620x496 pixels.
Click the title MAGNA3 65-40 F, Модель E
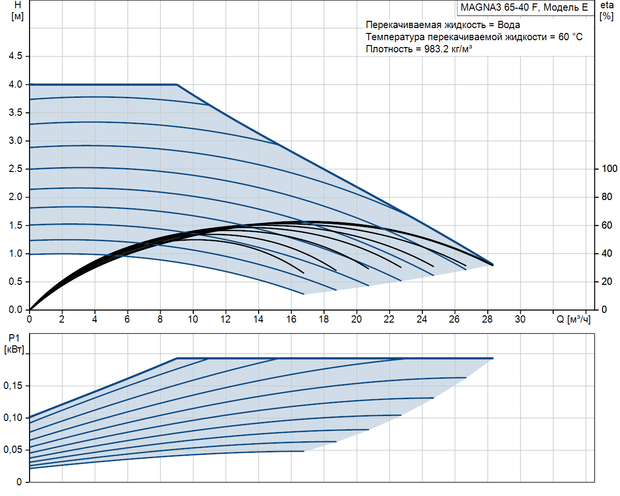[524, 7]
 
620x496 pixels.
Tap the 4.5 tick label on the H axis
[15, 56]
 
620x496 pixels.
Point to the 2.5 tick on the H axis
[15, 169]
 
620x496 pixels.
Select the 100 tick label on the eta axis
[609, 169]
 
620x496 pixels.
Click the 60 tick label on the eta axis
[606, 225]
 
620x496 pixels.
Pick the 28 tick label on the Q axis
[487, 319]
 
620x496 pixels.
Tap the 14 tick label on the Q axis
[258, 319]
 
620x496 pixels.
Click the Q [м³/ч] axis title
[573, 320]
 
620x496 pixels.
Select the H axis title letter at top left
[18, 5]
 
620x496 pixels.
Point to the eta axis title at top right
[607, 5]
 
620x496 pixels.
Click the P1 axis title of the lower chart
[14, 338]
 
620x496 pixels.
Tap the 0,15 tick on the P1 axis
[13, 386]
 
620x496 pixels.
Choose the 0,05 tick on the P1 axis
[13, 450]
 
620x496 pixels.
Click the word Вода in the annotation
[509, 25]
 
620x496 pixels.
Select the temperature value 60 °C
[570, 37]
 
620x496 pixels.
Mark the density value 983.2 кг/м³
[448, 49]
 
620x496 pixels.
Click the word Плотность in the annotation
[389, 49]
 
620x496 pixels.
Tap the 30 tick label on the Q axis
[520, 319]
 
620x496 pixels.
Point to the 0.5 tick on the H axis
[15, 282]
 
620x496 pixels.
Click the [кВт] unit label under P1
[14, 350]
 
